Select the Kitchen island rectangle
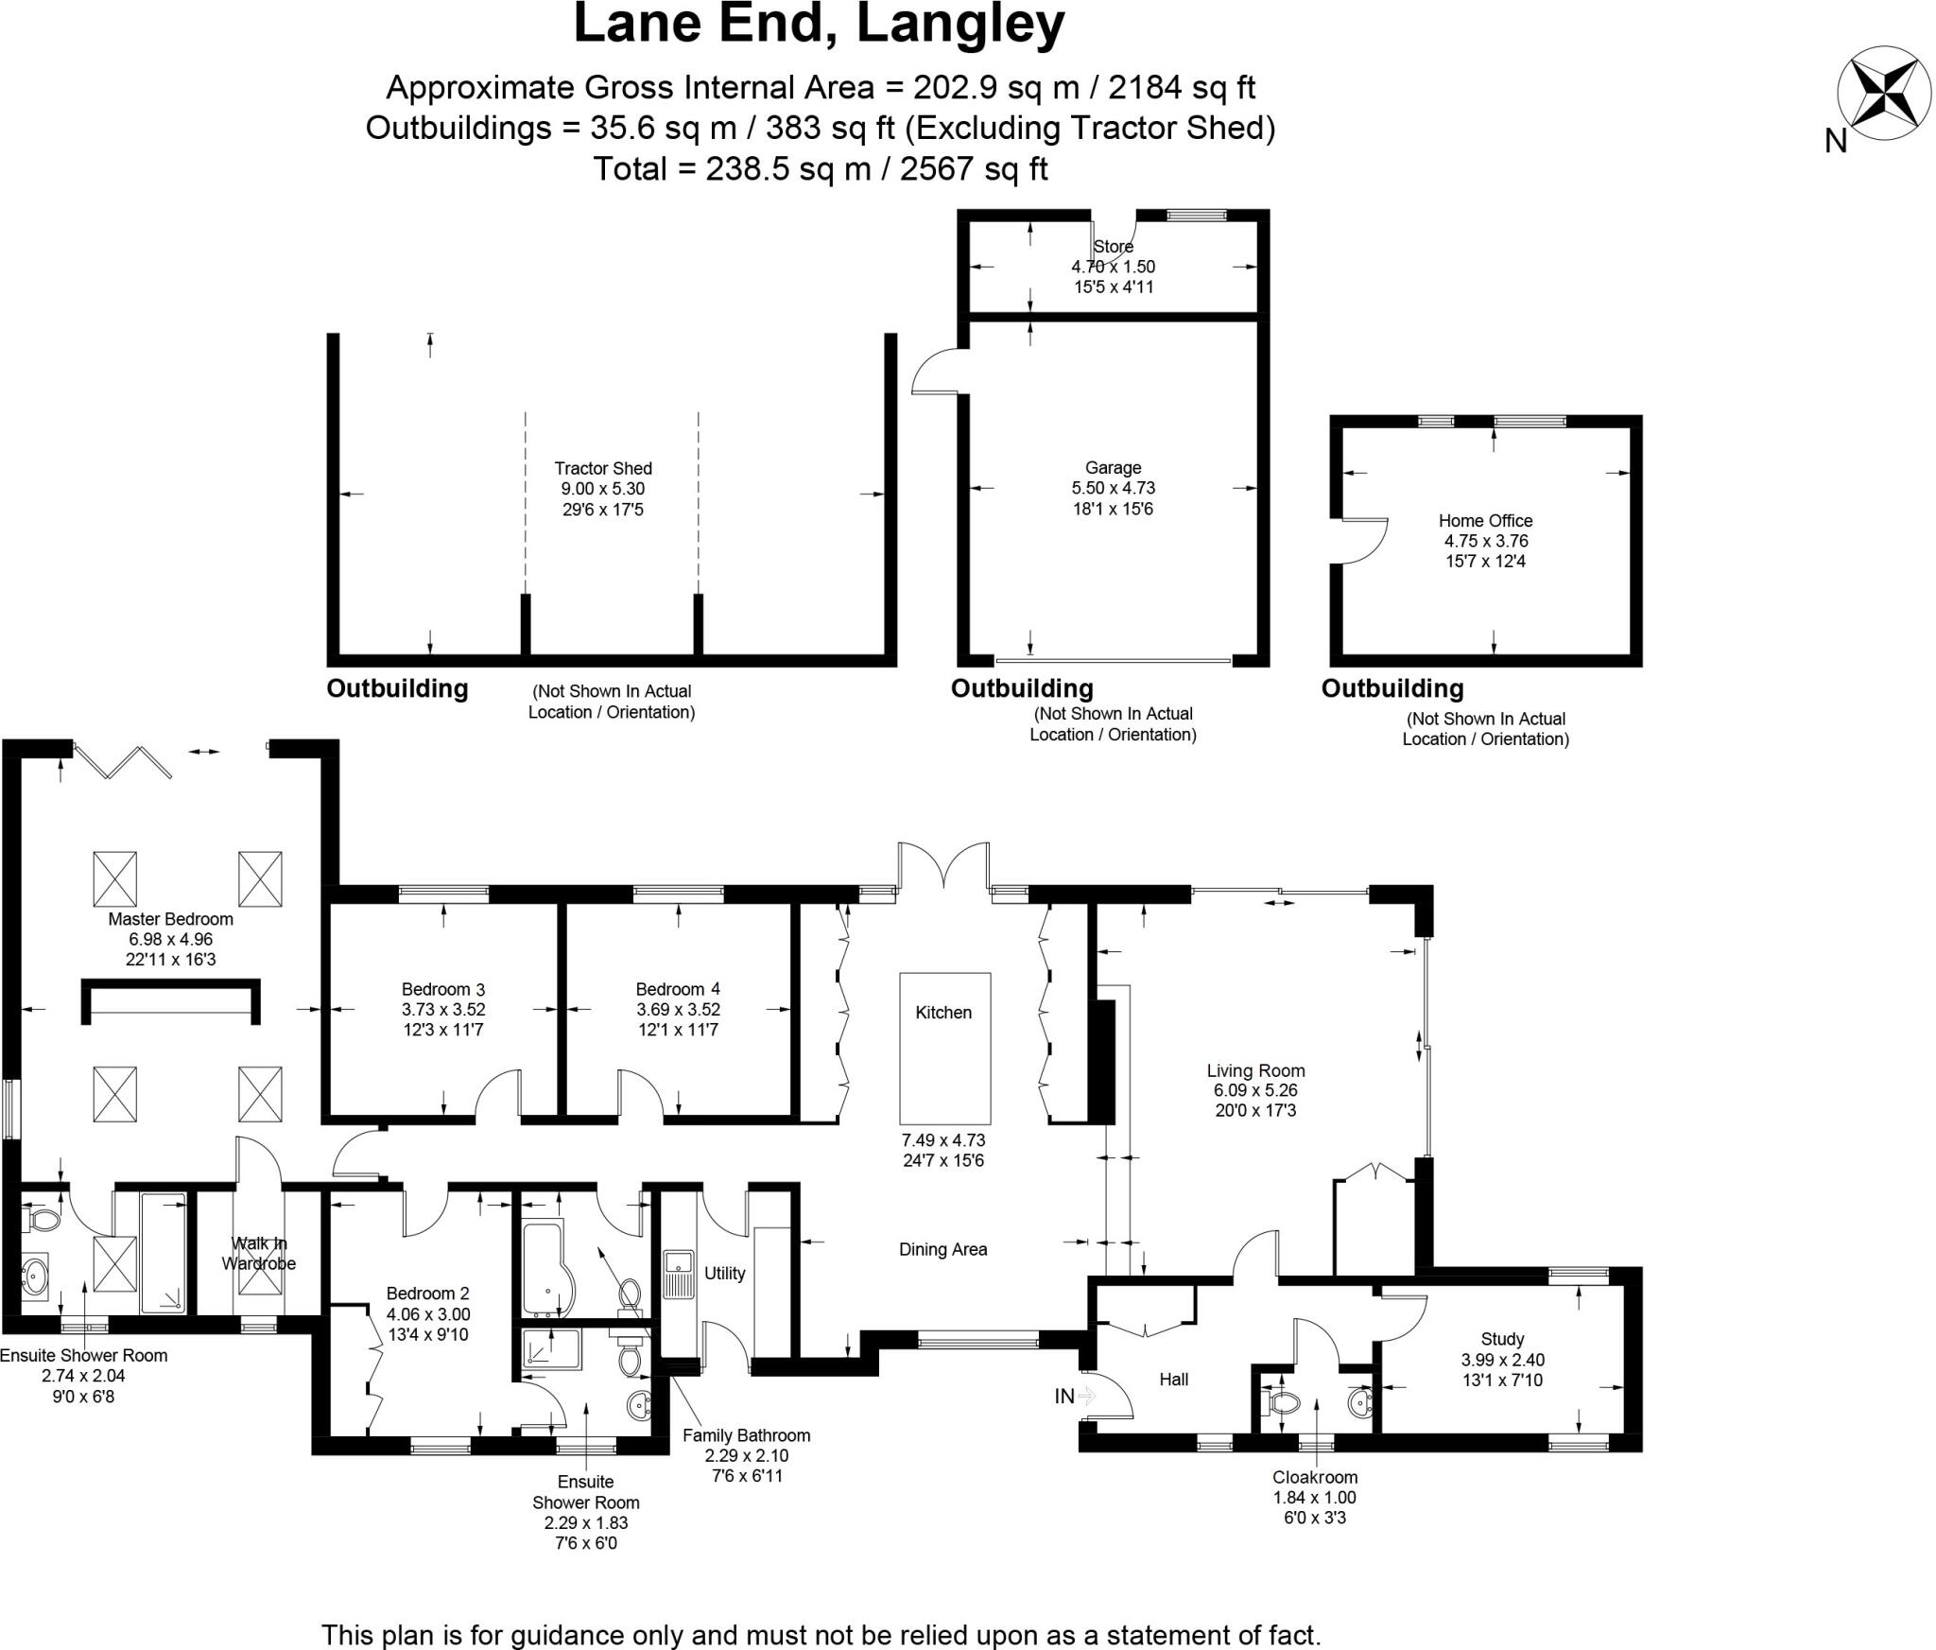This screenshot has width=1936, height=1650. (x=944, y=1047)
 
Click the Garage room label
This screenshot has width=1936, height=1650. (x=1113, y=467)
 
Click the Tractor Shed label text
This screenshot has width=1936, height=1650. (x=603, y=468)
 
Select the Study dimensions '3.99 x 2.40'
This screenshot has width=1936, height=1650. (x=1502, y=1360)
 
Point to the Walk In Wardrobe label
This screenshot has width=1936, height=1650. (x=258, y=1253)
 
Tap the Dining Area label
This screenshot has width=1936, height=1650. (x=942, y=1249)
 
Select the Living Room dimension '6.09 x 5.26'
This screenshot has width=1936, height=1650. (x=1255, y=1090)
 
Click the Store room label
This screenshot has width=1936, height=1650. (x=1113, y=247)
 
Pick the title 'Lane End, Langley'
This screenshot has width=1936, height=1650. (x=819, y=26)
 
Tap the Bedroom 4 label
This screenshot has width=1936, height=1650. (x=677, y=989)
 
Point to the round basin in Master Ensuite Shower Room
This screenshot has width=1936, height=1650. (x=36, y=1277)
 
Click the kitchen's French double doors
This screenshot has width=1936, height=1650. (x=943, y=865)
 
